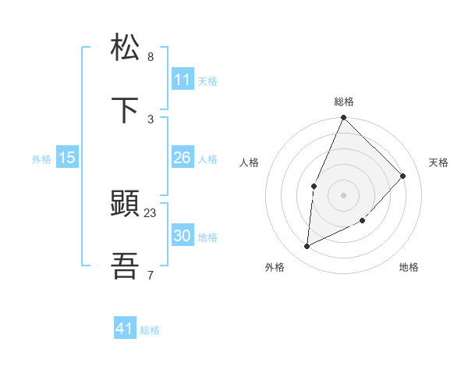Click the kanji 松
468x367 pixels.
tap(126, 48)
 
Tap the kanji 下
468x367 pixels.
tap(126, 110)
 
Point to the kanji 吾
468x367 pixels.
tap(126, 267)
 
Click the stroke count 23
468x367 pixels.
tap(151, 212)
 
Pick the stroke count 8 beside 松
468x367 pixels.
tap(151, 56)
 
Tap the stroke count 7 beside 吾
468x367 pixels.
tap(151, 274)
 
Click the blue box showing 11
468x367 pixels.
tap(183, 80)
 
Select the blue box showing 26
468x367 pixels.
tap(183, 158)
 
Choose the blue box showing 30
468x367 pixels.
tap(183, 236)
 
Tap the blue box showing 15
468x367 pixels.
tap(67, 158)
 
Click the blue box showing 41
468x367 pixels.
tap(125, 329)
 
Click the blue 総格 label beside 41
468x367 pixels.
tap(150, 330)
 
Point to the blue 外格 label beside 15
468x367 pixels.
tap(41, 159)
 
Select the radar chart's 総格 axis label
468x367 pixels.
tap(344, 102)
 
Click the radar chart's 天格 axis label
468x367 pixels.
tap(438, 162)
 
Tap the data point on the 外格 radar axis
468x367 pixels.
tap(307, 247)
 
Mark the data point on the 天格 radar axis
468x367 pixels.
tap(403, 176)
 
